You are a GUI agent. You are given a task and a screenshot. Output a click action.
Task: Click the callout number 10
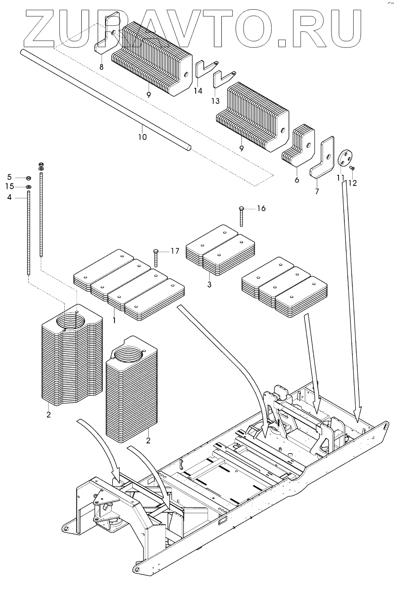142,137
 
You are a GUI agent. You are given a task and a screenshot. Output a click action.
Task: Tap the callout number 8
101,67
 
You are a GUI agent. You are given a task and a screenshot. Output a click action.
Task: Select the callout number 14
198,91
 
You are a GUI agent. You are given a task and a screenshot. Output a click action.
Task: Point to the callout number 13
215,101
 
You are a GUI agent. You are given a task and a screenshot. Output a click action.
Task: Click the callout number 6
296,180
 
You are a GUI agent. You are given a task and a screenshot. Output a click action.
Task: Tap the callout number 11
341,178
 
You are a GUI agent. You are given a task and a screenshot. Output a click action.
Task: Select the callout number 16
261,208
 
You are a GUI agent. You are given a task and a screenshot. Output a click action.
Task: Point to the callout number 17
174,251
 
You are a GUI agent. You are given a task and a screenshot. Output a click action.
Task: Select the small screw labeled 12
351,168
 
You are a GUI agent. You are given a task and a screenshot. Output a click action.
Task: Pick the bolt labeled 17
156,258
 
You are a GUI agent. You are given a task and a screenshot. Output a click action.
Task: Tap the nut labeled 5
28,178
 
